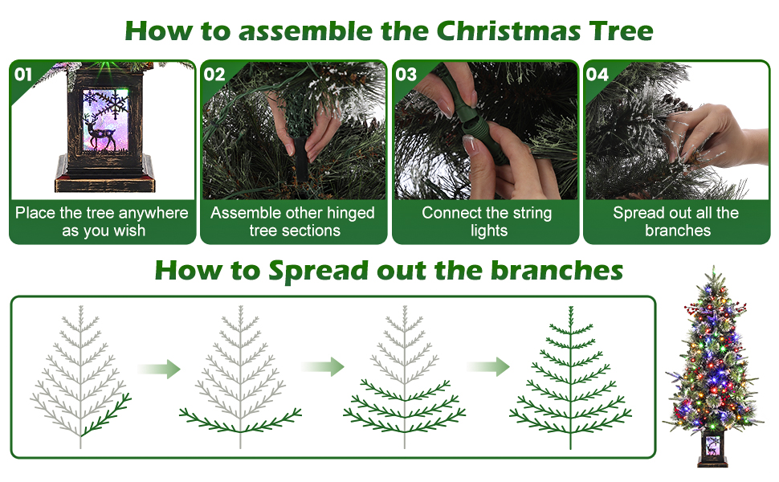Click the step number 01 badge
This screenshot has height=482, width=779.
point(23,75)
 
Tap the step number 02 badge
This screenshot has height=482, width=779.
point(214,75)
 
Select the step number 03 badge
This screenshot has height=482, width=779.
point(406,75)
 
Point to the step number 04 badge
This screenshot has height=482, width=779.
point(598,75)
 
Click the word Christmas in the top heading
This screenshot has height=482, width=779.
point(508,31)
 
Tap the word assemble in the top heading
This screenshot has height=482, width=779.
point(305,31)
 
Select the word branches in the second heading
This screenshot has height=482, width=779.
point(557,271)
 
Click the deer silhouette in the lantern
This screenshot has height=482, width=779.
point(101,132)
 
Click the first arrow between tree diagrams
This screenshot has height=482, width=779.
point(159,369)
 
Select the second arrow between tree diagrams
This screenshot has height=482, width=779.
point(322,367)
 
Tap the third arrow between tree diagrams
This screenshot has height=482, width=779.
point(487,367)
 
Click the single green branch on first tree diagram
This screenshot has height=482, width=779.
point(107,415)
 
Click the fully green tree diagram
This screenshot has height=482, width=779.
point(571,378)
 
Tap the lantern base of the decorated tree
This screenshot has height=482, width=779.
point(712,451)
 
